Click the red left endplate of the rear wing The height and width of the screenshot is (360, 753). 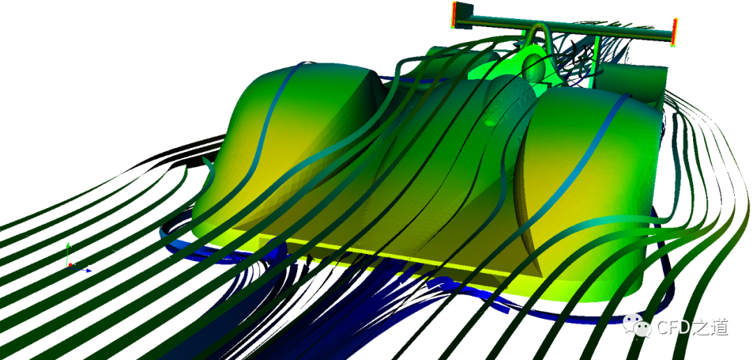tap(454, 14)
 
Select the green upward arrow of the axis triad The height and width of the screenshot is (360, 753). tap(68, 253)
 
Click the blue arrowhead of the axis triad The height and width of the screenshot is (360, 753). tap(89, 271)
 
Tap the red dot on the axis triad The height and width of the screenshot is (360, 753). tap(70, 264)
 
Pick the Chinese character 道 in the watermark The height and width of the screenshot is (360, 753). tap(720, 327)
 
